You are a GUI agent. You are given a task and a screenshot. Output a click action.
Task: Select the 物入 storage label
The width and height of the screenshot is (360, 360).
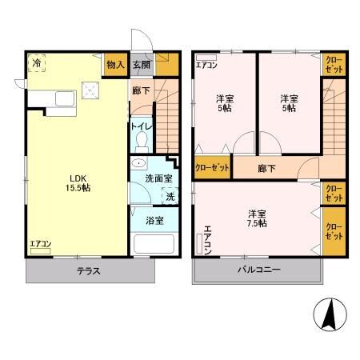[115, 65]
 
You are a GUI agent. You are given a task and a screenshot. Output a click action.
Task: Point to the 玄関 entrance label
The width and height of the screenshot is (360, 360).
[141, 65]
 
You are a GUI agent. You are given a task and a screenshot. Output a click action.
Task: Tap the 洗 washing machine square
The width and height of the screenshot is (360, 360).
[169, 197]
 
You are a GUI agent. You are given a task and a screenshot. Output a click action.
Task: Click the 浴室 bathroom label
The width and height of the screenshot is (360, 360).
[154, 220]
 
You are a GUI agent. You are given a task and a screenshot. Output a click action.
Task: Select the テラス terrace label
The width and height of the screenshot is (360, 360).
[88, 271]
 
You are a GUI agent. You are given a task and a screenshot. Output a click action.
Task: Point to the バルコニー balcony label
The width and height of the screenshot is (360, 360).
[258, 270]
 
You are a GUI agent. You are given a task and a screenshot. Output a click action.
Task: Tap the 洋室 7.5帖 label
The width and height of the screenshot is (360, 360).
[257, 218]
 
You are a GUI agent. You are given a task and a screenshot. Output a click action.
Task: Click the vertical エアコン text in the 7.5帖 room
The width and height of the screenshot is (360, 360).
[207, 240]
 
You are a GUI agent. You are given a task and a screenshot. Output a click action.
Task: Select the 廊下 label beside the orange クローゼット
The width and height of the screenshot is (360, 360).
[267, 168]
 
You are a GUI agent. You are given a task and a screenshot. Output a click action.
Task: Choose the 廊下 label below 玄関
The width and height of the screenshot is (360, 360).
[141, 92]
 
